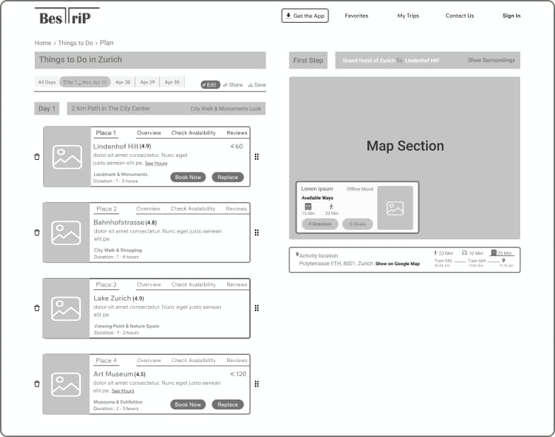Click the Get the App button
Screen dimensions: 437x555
coord(305,16)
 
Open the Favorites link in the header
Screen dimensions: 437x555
coord(356,16)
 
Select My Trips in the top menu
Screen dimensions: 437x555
coord(408,16)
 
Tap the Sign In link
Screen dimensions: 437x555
coord(511,16)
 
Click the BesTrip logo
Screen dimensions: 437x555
coord(67,17)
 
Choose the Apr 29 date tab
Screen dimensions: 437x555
coord(147,82)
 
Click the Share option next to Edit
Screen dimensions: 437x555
coord(233,85)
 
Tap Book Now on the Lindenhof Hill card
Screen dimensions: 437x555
coord(188,177)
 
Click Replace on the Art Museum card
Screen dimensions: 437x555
coord(228,404)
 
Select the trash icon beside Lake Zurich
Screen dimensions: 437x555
coord(37,308)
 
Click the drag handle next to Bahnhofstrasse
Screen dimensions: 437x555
coord(256,233)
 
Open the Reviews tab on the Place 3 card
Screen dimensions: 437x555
coord(237,284)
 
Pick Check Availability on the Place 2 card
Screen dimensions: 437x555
coord(193,209)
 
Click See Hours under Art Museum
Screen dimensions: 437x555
coord(122,390)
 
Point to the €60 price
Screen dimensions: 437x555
coord(236,146)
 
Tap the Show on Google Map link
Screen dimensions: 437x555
coord(397,264)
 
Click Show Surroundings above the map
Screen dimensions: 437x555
coord(491,61)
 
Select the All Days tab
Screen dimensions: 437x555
coord(47,82)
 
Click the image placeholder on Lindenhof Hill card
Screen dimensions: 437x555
coord(67,157)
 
